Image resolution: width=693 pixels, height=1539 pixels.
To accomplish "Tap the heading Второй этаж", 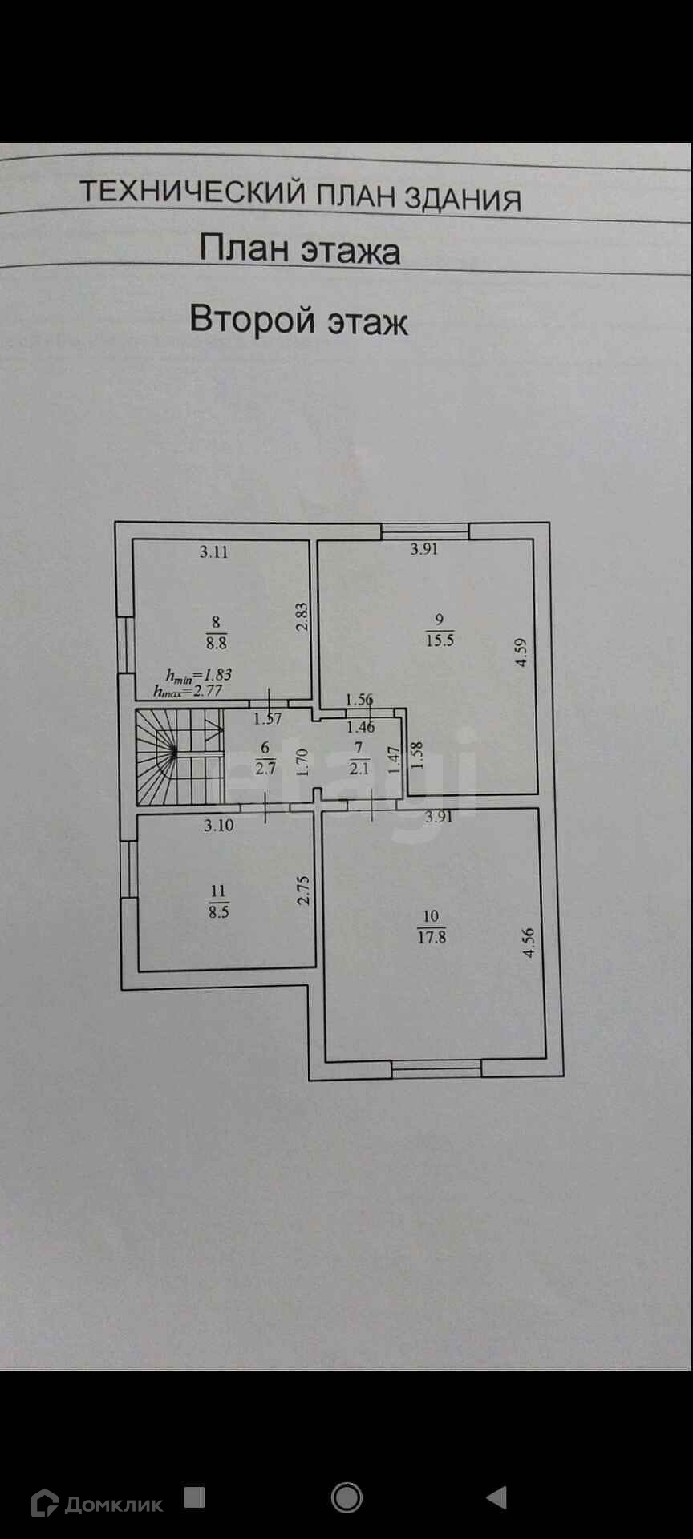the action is [x=298, y=320].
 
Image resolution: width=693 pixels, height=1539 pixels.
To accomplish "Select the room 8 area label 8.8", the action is [x=217, y=642].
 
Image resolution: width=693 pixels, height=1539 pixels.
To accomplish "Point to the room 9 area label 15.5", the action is [x=440, y=640].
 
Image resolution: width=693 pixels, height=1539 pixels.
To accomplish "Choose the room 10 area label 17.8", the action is [x=432, y=935].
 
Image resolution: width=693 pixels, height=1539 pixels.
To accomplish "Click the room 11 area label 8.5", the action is [x=218, y=911].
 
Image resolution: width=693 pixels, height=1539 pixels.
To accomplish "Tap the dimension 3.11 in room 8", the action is [x=214, y=551].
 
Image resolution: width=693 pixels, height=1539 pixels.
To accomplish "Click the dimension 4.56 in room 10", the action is [x=528, y=943].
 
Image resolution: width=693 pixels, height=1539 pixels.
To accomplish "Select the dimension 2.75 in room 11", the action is [x=303, y=890].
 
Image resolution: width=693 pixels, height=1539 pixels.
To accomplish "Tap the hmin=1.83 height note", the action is [x=198, y=675].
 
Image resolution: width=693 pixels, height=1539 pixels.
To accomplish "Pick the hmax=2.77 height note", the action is [x=188, y=690].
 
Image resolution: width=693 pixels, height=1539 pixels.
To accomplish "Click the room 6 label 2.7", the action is [x=265, y=769].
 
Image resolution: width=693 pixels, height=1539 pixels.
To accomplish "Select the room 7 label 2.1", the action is [x=359, y=769].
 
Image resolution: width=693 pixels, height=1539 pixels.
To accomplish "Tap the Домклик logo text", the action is [x=113, y=1504].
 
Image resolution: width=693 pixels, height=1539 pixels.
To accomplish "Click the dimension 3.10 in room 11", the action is [x=218, y=826].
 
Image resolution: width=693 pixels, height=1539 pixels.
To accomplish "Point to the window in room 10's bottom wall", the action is [x=436, y=1067].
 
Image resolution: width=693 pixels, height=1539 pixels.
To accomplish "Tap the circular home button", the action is [x=346, y=1497].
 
